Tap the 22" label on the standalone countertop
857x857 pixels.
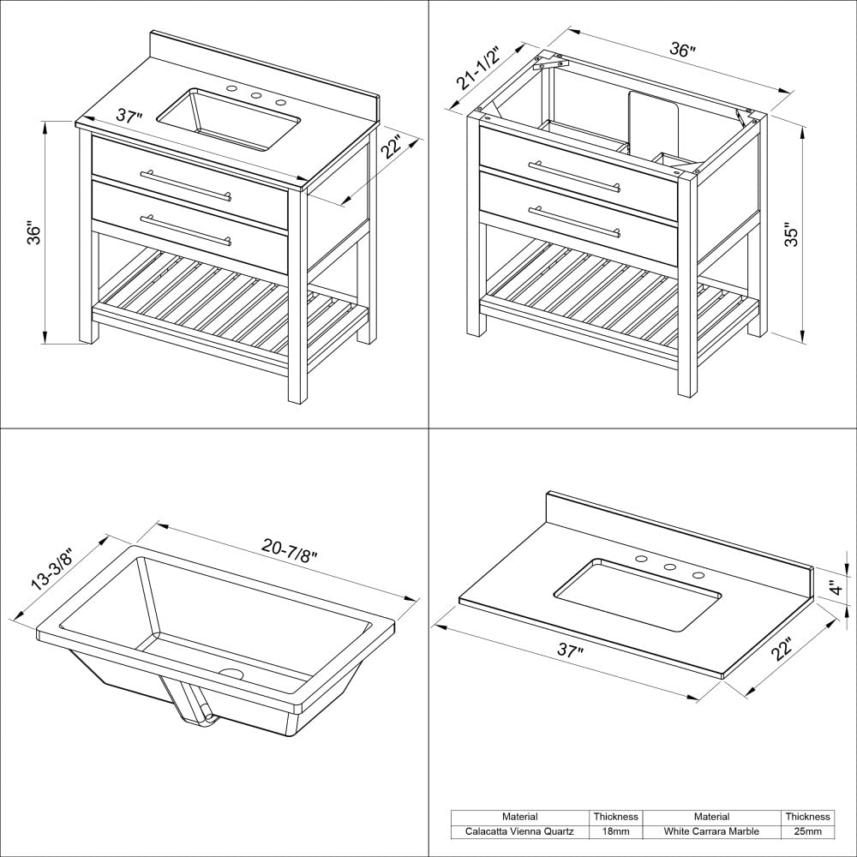click(782, 650)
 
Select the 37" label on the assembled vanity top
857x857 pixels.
click(129, 117)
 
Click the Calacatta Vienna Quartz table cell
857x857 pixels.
click(520, 831)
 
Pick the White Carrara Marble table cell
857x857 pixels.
click(711, 831)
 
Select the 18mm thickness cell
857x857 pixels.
click(615, 831)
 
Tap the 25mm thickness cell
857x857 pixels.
click(806, 831)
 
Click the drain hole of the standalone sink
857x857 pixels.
click(231, 675)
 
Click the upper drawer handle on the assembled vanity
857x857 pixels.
click(187, 185)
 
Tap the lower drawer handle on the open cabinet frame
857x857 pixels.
click(575, 220)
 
